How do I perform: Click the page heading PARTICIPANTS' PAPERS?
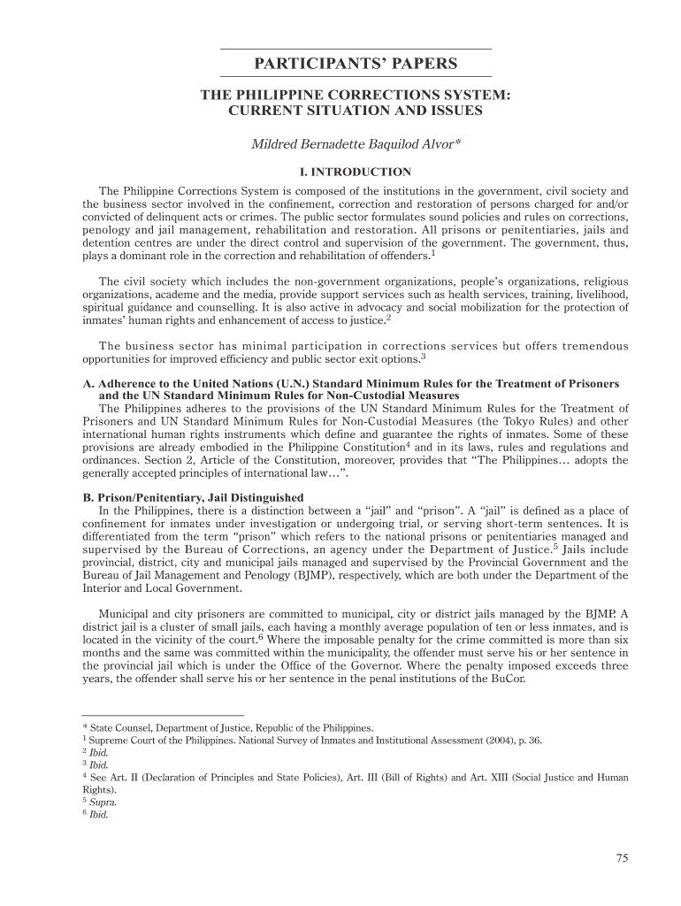[355, 64]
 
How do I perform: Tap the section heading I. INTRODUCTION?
[355, 172]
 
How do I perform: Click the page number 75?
[622, 857]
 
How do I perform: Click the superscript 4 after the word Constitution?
[408, 445]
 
